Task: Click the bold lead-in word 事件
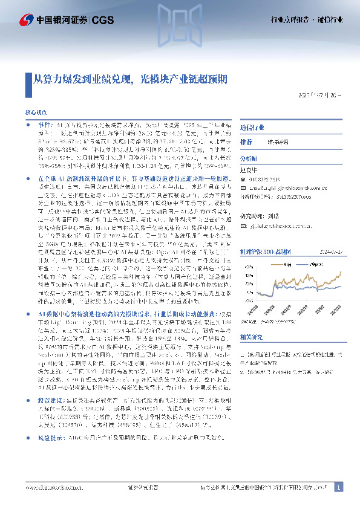(x=36, y=124)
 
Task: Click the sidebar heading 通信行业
(x=252, y=128)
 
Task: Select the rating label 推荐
(x=246, y=141)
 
